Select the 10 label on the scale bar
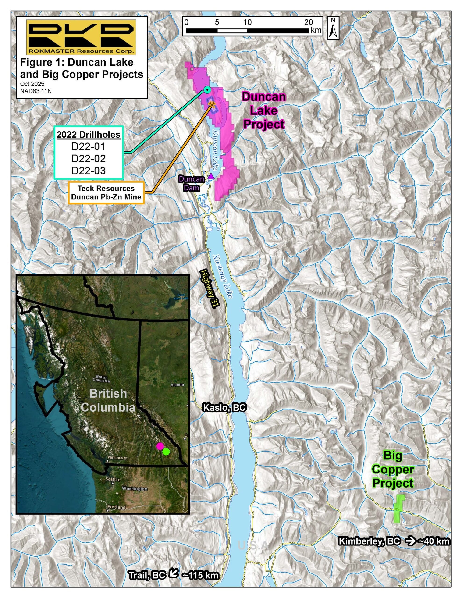[x=247, y=22]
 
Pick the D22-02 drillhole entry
[x=89, y=159]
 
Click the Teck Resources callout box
[x=106, y=193]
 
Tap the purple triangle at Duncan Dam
[x=211, y=176]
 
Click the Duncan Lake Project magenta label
[x=264, y=111]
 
